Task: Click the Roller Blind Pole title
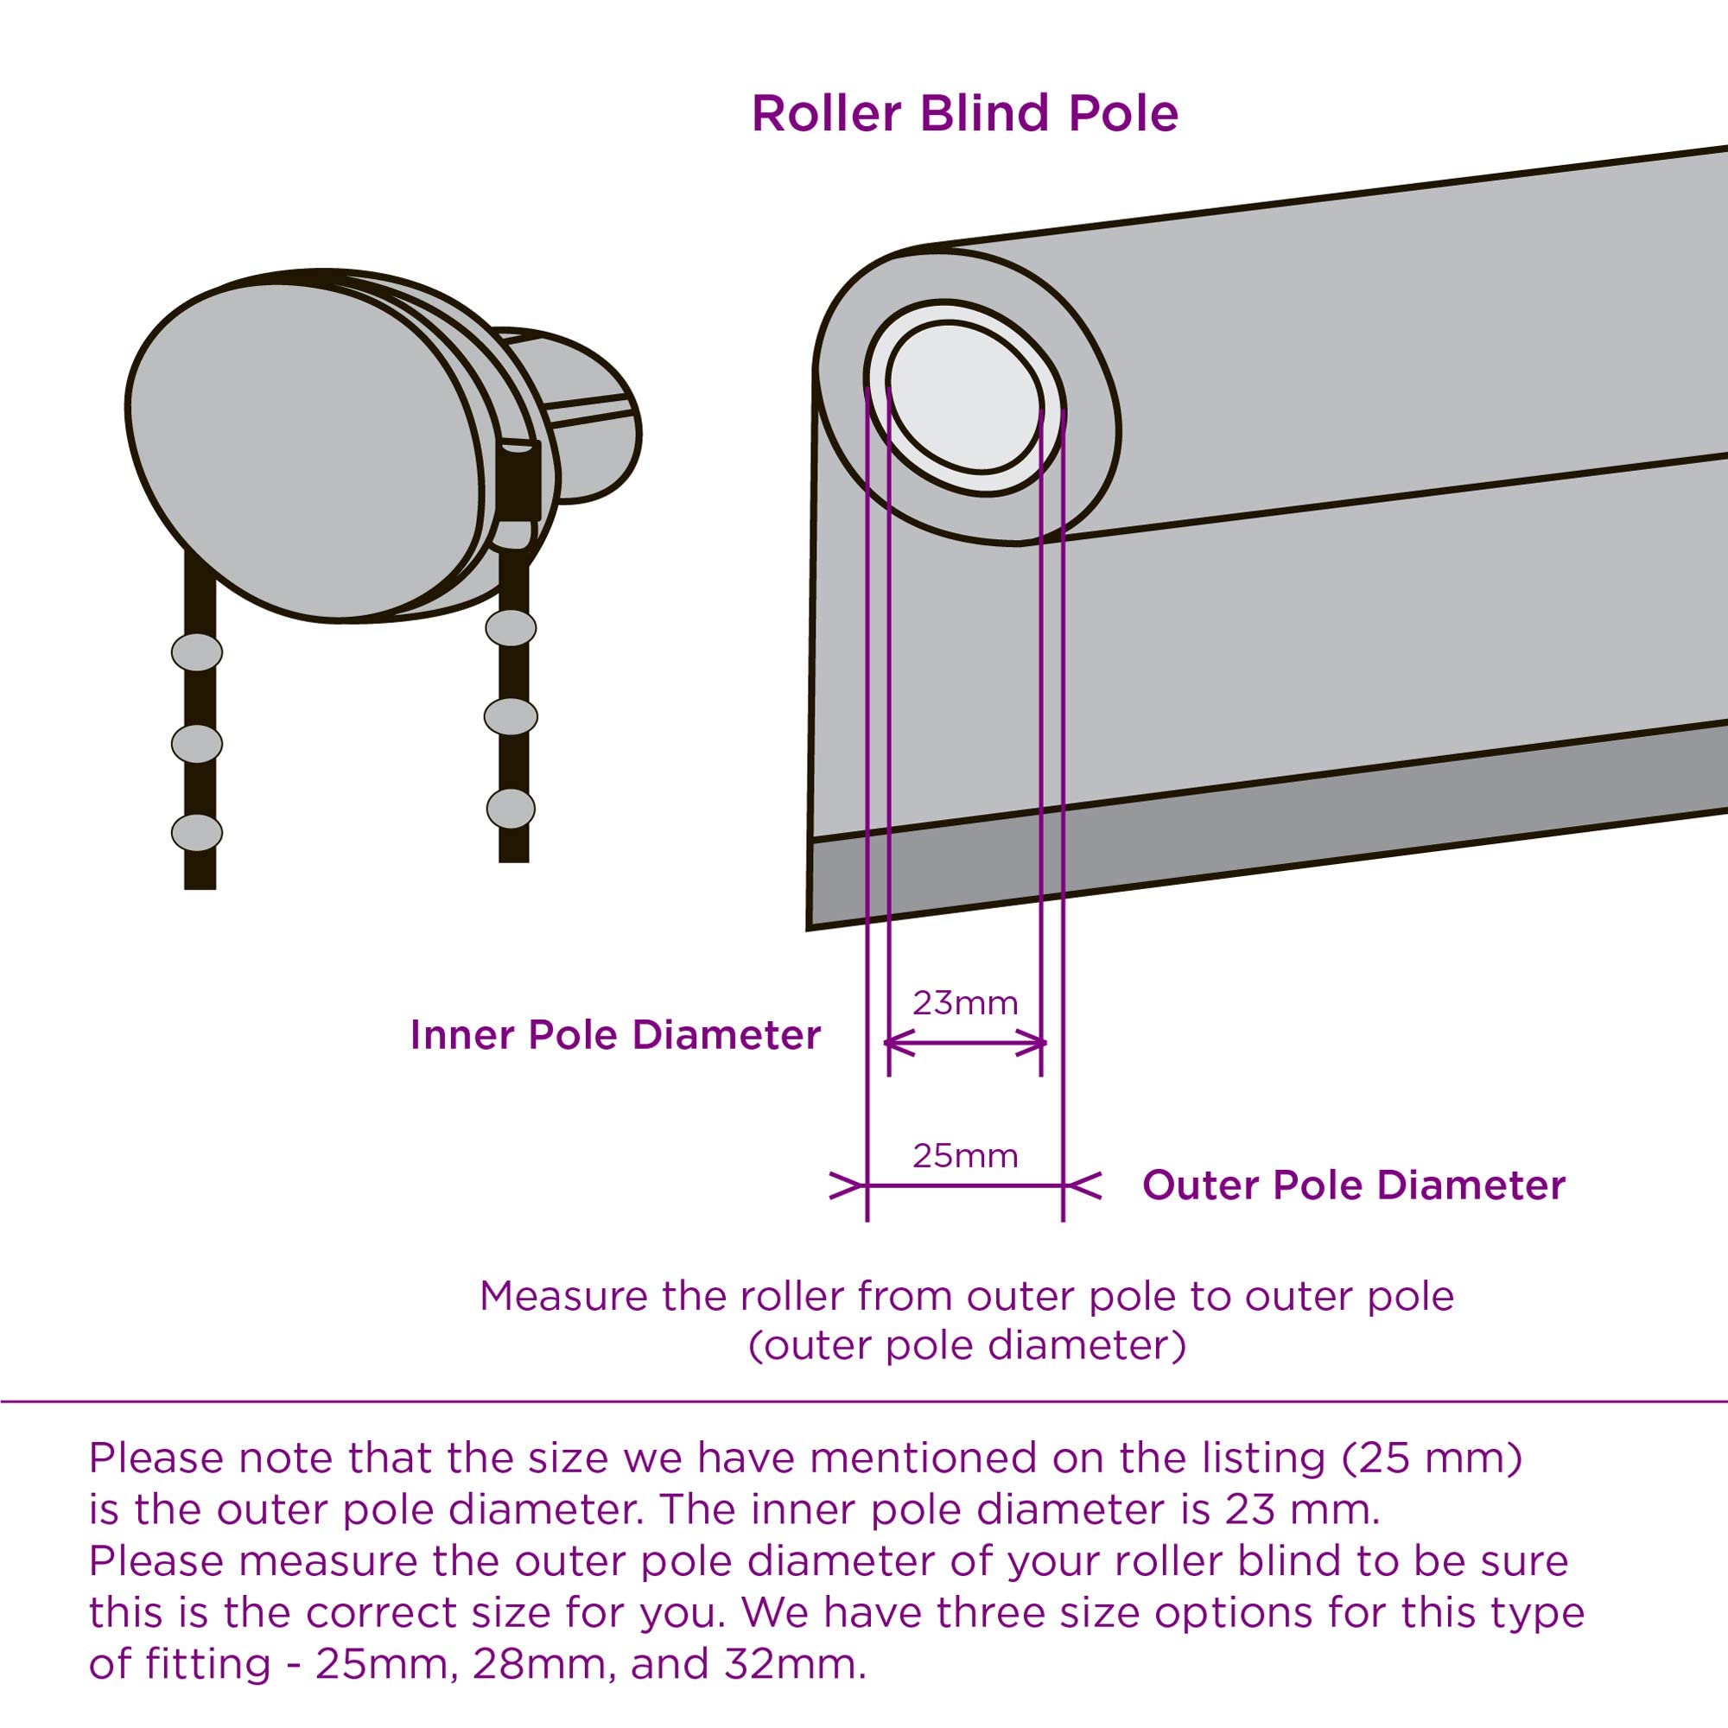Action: click(964, 113)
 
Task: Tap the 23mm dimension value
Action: click(965, 1003)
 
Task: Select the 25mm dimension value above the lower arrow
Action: click(965, 1155)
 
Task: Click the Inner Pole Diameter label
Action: click(615, 1035)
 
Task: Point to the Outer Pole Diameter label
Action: click(1353, 1185)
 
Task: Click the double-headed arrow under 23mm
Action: click(965, 1042)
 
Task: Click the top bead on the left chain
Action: click(197, 652)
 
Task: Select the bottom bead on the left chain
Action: click(197, 833)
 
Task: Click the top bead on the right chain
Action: click(511, 628)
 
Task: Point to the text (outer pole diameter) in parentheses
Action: click(966, 1345)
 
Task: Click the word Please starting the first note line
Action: click(156, 1458)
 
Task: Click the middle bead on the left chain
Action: click(197, 743)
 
